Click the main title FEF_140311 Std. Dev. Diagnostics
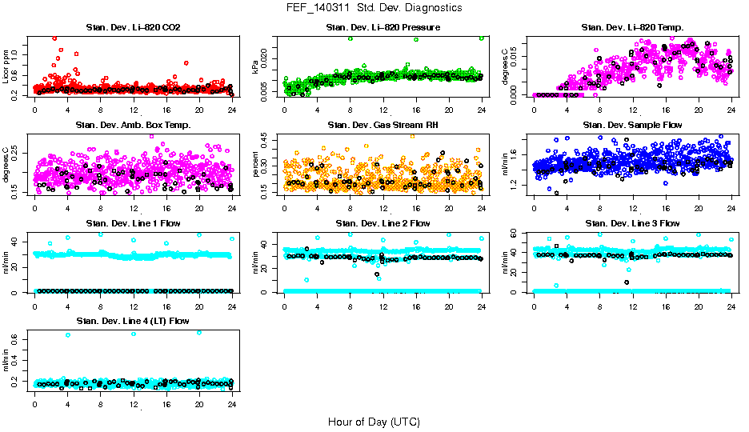click(x=374, y=8)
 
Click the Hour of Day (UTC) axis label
click(x=374, y=422)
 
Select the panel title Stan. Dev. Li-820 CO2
click(x=133, y=28)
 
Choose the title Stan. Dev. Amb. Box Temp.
click(x=133, y=126)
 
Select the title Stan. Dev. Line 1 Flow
click(x=133, y=223)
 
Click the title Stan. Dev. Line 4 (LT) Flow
click(x=133, y=321)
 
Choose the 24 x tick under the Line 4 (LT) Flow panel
click(x=231, y=405)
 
